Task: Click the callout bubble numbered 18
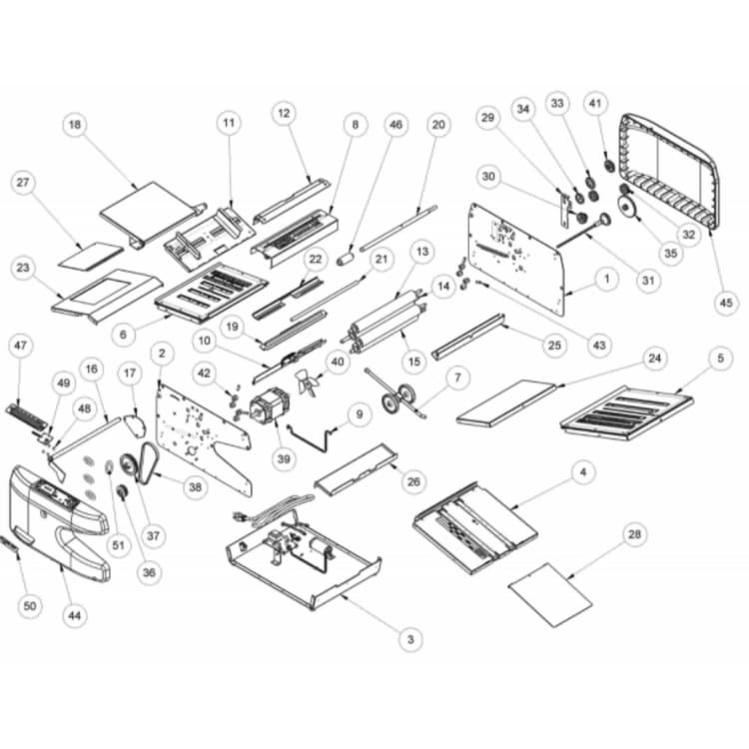(75, 125)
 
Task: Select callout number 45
(726, 302)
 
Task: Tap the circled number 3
(410, 639)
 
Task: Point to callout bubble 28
(634, 534)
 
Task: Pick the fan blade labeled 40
(307, 380)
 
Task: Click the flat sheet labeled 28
(550, 594)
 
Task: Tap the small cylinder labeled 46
(345, 259)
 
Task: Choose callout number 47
(21, 346)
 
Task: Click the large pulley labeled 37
(128, 464)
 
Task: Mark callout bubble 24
(654, 358)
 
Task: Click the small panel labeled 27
(91, 255)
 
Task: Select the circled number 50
(30, 606)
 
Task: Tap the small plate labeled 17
(135, 425)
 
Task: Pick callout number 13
(422, 252)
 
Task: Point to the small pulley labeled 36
(122, 492)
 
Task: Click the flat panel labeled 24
(506, 402)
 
